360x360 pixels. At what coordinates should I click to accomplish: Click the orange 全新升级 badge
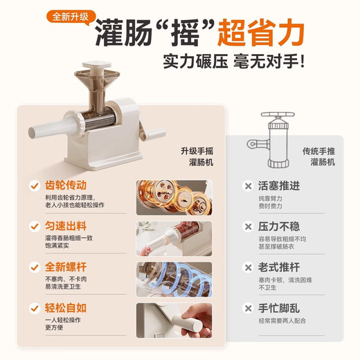tap(67, 15)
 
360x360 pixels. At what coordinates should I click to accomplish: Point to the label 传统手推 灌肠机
tap(318, 156)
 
